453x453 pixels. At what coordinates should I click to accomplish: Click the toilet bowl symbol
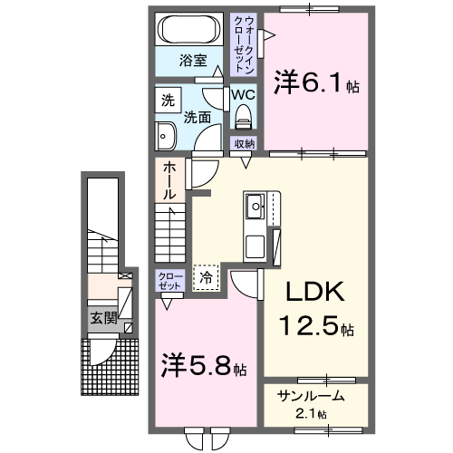[x=243, y=116]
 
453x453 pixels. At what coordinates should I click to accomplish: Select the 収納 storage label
[x=245, y=143]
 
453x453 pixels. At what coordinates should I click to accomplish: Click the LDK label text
[x=316, y=293]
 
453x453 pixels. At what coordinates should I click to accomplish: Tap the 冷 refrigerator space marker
[x=207, y=278]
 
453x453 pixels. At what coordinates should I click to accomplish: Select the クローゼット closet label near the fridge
[x=170, y=280]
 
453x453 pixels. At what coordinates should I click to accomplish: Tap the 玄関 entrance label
[x=102, y=318]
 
